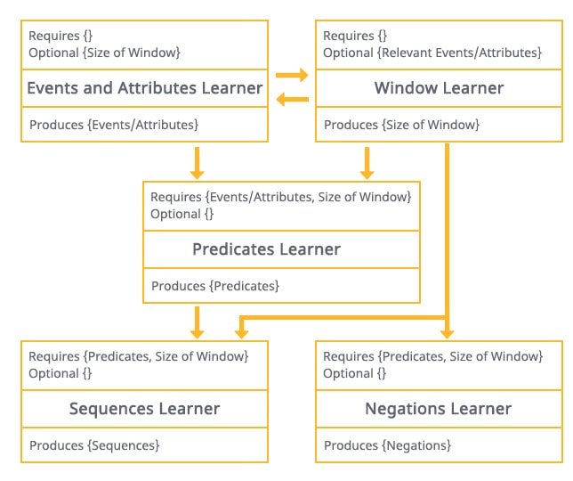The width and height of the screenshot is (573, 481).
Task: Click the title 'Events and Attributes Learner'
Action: pyautogui.click(x=145, y=88)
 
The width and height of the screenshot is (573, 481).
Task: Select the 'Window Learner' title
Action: pyautogui.click(x=439, y=88)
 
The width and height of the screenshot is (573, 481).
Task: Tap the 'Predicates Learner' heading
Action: pyautogui.click(x=266, y=249)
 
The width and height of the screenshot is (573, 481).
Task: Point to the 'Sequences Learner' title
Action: pyautogui.click(x=145, y=409)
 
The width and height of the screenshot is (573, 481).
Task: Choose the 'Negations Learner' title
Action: pyautogui.click(x=438, y=409)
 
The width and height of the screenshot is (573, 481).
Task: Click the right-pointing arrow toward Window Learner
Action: pyautogui.click(x=292, y=75)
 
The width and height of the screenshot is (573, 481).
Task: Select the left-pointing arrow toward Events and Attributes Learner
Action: pyautogui.click(x=293, y=99)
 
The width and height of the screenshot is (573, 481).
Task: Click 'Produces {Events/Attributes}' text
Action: pyautogui.click(x=114, y=125)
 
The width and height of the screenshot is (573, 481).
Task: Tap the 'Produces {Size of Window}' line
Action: pyautogui.click(x=401, y=125)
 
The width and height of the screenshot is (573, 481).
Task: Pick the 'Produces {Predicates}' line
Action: pyautogui.click(x=215, y=286)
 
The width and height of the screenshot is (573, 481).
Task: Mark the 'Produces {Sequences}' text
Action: pyautogui.click(x=94, y=445)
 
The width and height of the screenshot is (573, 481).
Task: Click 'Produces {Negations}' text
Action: pyautogui.click(x=387, y=445)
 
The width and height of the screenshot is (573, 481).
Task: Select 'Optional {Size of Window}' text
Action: pyautogui.click(x=104, y=53)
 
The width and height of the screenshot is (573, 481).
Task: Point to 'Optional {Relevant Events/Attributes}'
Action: pyautogui.click(x=432, y=53)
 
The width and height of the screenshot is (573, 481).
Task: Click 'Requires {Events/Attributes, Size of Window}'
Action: pyautogui.click(x=281, y=197)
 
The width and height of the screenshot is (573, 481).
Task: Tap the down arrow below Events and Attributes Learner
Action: pyautogui.click(x=197, y=163)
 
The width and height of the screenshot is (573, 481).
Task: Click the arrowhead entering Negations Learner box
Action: pyautogui.click(x=447, y=334)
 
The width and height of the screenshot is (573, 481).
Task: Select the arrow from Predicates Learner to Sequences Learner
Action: pyautogui.click(x=197, y=322)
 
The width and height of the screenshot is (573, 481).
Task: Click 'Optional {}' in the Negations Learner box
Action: pyautogui.click(x=354, y=373)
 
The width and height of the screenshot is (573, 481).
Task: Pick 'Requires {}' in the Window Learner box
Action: pyautogui.click(x=355, y=36)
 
